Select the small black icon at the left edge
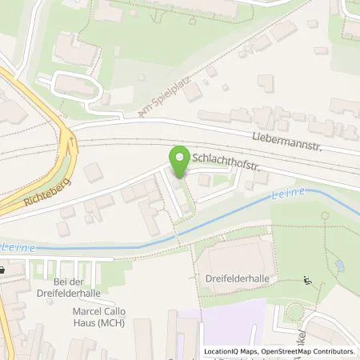(4, 270)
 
